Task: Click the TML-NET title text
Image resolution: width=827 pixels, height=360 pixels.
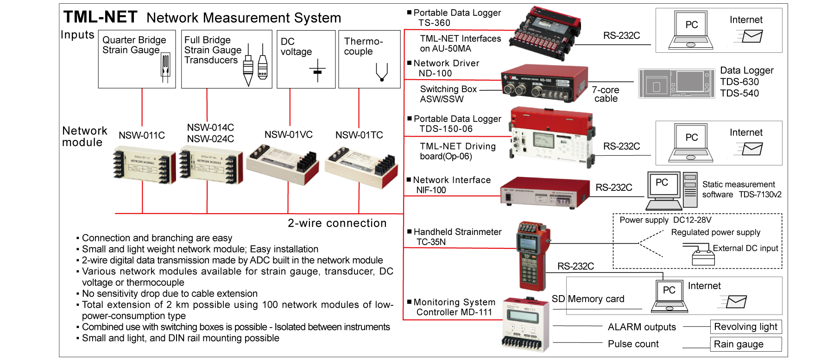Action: pos(100,17)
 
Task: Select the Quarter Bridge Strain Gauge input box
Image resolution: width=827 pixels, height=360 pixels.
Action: pos(137,59)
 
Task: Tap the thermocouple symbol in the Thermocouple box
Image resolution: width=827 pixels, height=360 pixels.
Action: pos(381,72)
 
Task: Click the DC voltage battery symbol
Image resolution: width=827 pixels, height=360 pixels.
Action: pos(317,71)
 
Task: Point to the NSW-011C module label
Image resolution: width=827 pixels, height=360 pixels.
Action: pos(142,135)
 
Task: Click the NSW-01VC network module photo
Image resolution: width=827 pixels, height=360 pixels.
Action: pos(283,164)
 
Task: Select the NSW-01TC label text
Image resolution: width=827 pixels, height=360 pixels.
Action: pos(359,135)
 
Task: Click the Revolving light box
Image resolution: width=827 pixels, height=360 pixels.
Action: pos(745,327)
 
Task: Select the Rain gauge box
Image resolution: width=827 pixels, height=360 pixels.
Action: pos(745,344)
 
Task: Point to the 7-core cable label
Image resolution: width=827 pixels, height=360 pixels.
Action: pos(606,94)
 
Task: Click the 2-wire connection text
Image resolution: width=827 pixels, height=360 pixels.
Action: pos(337,223)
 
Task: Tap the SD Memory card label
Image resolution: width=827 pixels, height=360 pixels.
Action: pos(588,299)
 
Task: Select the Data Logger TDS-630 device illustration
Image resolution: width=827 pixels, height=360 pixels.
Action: pos(677,83)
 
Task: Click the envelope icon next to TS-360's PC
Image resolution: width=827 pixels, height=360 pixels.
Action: pos(751,36)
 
